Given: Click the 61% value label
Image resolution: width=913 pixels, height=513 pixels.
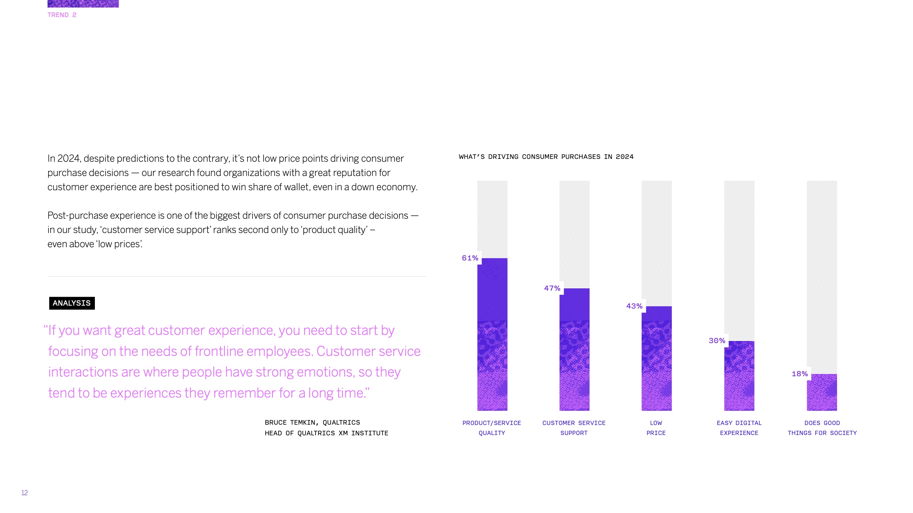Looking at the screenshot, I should [470, 258].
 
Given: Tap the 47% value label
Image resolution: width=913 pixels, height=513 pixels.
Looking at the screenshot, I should [552, 288].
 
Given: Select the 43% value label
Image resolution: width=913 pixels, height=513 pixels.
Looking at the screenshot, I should [634, 306].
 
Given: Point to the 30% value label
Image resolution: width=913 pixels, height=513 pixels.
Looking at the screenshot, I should [717, 341].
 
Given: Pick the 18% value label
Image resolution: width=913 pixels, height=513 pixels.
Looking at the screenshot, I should [800, 374].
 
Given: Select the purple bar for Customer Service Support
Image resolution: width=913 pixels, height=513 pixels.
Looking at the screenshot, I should [574, 349].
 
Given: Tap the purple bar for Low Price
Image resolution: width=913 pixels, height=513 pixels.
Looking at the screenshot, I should [657, 358].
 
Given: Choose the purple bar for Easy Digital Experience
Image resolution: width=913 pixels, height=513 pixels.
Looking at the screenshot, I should [739, 375].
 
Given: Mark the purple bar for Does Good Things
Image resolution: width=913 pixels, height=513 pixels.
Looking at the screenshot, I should [822, 392].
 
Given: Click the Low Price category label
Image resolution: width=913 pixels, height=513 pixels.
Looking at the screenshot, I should [656, 428].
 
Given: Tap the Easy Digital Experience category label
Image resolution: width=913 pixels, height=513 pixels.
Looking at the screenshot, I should [739, 428].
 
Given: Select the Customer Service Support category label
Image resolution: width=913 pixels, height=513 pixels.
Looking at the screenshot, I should [574, 428].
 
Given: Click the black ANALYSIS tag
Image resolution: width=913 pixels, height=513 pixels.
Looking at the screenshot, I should [72, 303].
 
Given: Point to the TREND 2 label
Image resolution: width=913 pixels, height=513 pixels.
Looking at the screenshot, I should [62, 15].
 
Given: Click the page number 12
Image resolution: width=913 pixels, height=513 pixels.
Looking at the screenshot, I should [25, 493].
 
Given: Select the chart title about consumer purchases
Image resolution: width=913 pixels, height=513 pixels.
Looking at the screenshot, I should [546, 157].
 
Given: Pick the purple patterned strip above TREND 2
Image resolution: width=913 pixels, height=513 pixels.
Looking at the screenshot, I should [83, 3].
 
